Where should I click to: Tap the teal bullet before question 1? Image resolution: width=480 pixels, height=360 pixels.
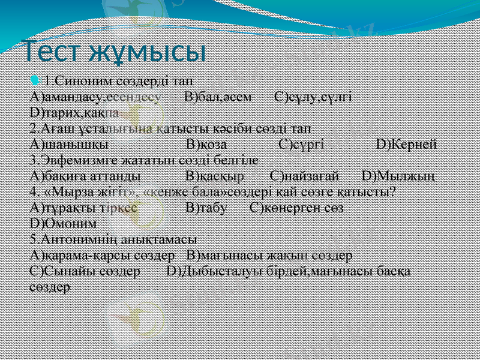click(34, 80)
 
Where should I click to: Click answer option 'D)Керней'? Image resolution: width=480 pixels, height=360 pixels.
click(406, 144)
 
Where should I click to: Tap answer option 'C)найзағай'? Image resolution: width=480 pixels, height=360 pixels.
click(305, 176)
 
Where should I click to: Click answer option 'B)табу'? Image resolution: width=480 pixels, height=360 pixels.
click(206, 208)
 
